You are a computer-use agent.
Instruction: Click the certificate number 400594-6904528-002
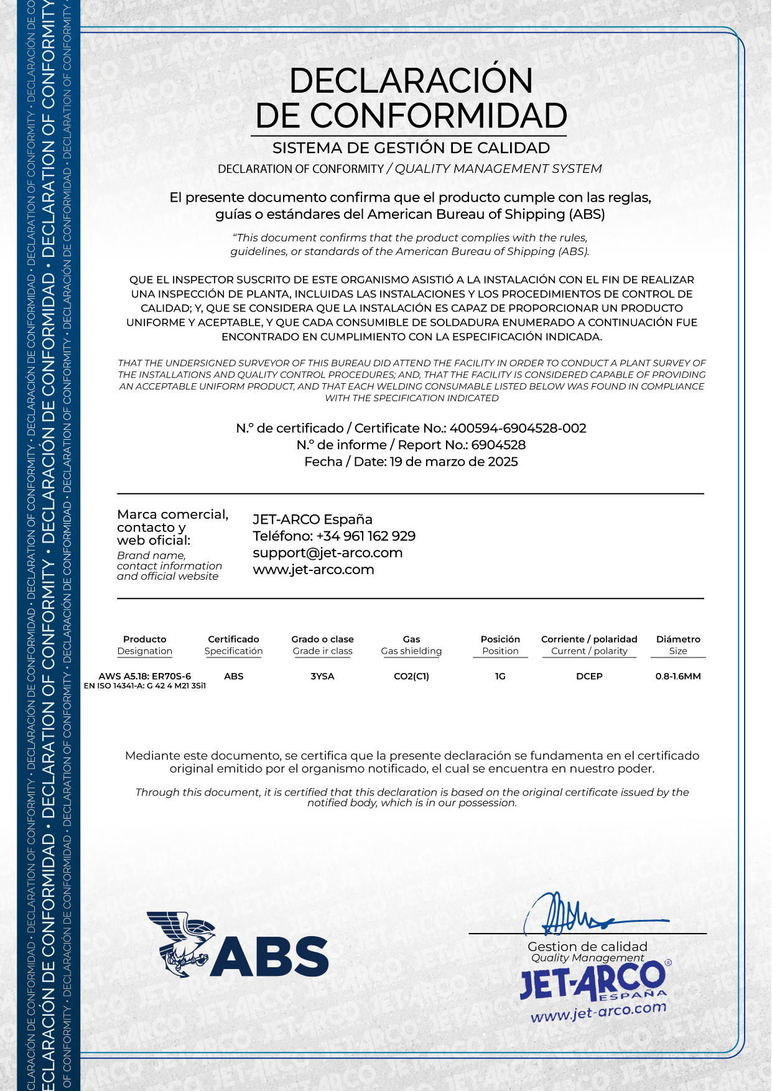click(x=518, y=429)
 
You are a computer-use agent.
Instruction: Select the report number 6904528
click(x=498, y=445)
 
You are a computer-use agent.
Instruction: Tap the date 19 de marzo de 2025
click(x=453, y=462)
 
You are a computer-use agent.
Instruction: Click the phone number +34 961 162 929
click(x=366, y=536)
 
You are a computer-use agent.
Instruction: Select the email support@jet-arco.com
click(x=327, y=553)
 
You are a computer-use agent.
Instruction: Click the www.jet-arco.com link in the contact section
click(x=314, y=570)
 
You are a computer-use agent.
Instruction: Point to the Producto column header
click(x=145, y=639)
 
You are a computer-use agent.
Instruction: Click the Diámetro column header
click(x=678, y=639)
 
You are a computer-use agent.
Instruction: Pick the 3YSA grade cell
click(x=322, y=677)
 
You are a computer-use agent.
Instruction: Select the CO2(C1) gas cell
click(x=411, y=677)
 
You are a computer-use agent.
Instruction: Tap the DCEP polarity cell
click(x=589, y=677)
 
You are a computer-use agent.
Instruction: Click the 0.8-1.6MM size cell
click(x=678, y=677)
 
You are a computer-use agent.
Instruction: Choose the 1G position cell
click(x=500, y=677)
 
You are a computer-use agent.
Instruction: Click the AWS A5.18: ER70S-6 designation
click(x=145, y=676)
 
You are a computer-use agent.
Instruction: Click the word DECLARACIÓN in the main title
click(x=411, y=81)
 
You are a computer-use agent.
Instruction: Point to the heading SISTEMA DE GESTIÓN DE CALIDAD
click(x=411, y=148)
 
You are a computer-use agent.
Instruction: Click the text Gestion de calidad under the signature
click(x=587, y=947)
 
